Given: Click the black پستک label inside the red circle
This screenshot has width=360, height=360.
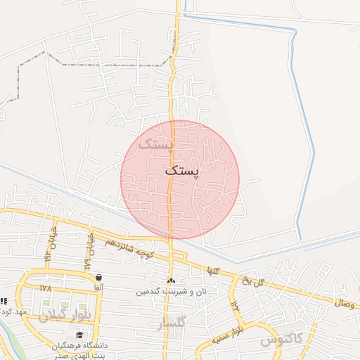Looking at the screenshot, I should tap(182, 170).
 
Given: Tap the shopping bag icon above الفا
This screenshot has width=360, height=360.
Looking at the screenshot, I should tap(98, 278).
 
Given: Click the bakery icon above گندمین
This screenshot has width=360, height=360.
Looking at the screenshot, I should tap(171, 281).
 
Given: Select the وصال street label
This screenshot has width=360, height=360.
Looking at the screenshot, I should tap(347, 302).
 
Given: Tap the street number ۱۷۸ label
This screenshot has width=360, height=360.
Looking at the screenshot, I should tap(46, 288).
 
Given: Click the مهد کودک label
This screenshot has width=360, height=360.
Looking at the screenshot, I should tap(13, 311).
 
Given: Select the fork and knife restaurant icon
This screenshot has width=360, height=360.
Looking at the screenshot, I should tap(4, 302).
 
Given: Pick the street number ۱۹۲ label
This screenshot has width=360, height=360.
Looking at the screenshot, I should tap(234, 305).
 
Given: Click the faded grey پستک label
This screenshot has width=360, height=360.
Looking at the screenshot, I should tap(155, 145).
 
